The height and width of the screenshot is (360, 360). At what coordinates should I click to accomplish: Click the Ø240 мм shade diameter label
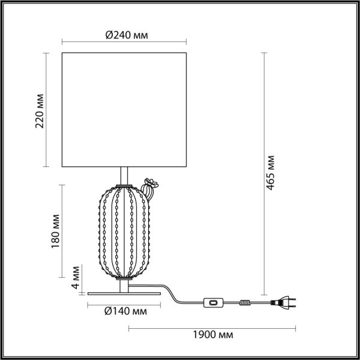[127, 35]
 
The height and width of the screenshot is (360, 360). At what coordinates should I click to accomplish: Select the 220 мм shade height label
[40, 111]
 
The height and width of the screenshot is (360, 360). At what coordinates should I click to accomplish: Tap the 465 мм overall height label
[271, 173]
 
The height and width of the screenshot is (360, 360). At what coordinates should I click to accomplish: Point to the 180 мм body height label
[55, 231]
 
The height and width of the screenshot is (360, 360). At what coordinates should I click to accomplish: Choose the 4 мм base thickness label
[76, 277]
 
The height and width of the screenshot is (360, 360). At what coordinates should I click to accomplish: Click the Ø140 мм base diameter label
[125, 311]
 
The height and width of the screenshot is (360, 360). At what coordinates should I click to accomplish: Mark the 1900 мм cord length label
[213, 335]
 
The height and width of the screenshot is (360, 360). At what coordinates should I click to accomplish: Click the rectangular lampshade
[124, 110]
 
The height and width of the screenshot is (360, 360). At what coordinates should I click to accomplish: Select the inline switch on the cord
[213, 302]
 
